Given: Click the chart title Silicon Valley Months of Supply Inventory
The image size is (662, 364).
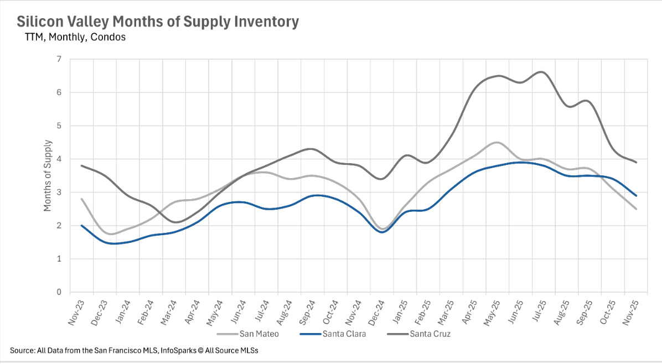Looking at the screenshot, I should click(158, 22).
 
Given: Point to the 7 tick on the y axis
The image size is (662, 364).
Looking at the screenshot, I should click(59, 59).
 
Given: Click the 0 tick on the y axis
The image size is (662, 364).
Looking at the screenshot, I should click(59, 292).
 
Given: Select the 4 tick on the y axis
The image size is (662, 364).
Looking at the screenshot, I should click(59, 159).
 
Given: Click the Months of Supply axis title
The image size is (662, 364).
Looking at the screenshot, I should click(48, 176).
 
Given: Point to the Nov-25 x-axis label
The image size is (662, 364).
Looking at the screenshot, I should click(632, 313).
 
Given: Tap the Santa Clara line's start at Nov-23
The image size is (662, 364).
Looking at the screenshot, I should click(82, 226).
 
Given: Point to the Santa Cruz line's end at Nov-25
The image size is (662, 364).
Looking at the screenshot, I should click(636, 162).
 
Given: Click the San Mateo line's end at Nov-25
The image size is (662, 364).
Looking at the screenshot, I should click(636, 209).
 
